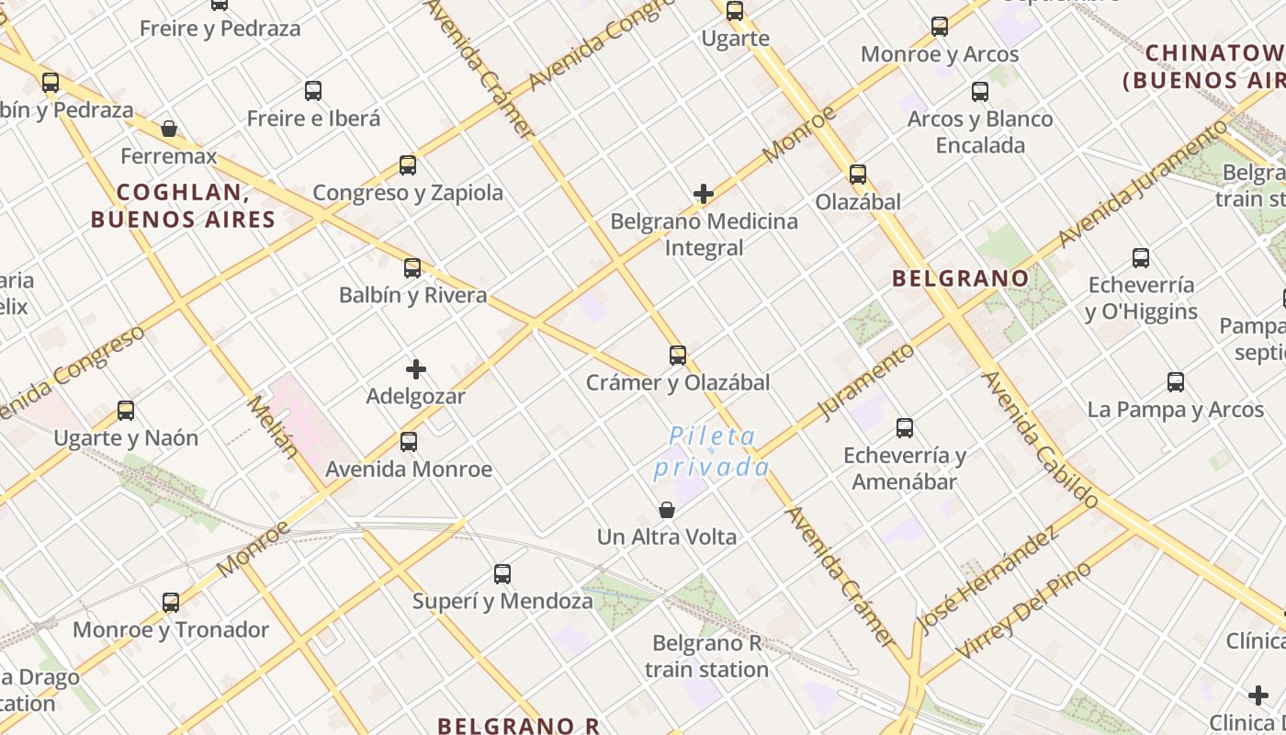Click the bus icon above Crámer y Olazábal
click(678, 355)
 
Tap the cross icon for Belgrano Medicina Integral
click(704, 194)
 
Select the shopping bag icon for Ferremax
click(169, 129)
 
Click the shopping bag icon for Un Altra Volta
click(667, 509)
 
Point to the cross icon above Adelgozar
click(416, 369)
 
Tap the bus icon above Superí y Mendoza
click(502, 574)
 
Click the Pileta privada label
click(712, 452)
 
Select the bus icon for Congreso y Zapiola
click(408, 165)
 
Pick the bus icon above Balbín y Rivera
click(412, 268)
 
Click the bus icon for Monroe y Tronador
click(171, 603)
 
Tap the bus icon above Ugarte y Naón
click(126, 411)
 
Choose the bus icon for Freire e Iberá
click(313, 91)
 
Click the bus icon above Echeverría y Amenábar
click(905, 427)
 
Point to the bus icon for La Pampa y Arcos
click(1176, 382)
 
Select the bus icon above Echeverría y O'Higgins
click(1141, 258)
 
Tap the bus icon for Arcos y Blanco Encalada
click(980, 92)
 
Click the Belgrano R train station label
click(706, 656)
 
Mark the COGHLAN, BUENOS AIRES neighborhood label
click(183, 206)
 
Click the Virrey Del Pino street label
click(1024, 609)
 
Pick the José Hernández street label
click(988, 581)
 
